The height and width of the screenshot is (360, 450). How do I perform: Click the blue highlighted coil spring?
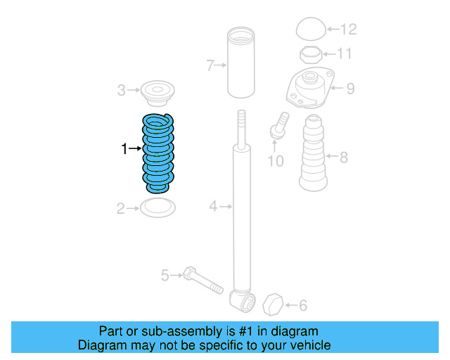[157, 153]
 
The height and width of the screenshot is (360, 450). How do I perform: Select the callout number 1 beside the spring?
[124, 148]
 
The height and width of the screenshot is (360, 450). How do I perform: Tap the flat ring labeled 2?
[157, 207]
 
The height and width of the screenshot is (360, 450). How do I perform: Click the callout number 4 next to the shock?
[213, 206]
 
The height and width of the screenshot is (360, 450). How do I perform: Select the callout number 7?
[210, 65]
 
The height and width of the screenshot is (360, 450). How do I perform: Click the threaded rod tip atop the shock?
[241, 120]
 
